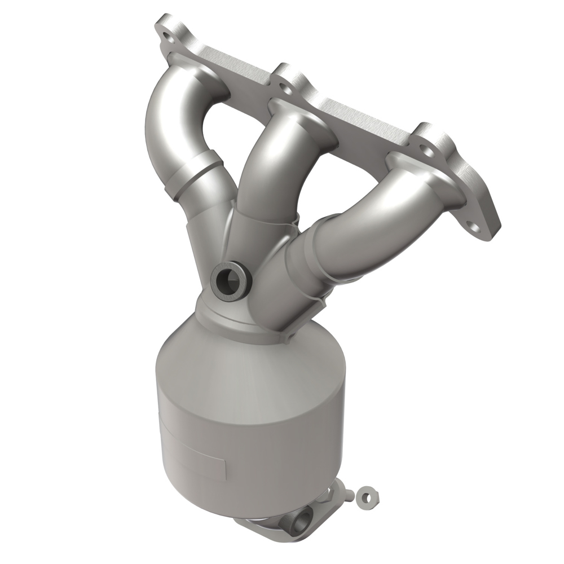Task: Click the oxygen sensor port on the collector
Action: point(230,279)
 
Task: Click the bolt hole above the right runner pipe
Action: point(427,151)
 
